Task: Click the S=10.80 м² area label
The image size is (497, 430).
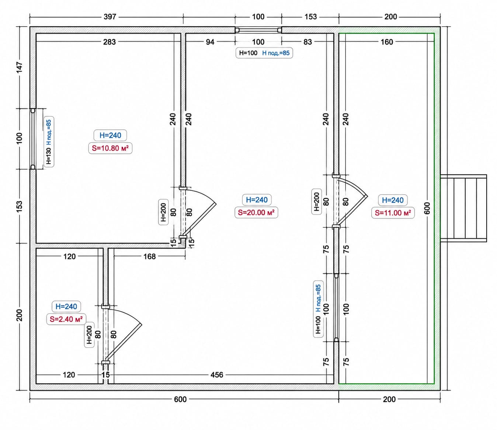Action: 110,148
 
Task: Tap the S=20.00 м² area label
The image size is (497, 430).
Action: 256,213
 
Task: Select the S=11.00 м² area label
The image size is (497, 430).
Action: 393,213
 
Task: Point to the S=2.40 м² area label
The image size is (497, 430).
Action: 66,319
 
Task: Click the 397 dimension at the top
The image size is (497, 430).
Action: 110,17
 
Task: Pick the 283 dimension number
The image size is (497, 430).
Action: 110,42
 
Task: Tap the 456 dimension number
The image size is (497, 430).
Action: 217,375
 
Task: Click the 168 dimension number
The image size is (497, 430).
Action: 150,256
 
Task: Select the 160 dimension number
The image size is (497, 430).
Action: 387,42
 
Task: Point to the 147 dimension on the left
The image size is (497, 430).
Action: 19,67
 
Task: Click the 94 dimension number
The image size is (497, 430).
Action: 210,42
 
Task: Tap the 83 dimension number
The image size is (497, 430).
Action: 307,42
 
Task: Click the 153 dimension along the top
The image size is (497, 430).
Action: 311,17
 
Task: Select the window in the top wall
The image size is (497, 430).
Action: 258,30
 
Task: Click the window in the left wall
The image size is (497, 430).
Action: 33,139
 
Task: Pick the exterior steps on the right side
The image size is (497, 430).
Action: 463,208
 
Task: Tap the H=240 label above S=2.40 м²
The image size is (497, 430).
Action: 66,307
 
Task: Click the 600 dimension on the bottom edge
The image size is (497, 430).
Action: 180,399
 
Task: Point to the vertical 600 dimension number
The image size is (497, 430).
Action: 427,208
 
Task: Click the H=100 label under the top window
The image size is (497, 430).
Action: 248,53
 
